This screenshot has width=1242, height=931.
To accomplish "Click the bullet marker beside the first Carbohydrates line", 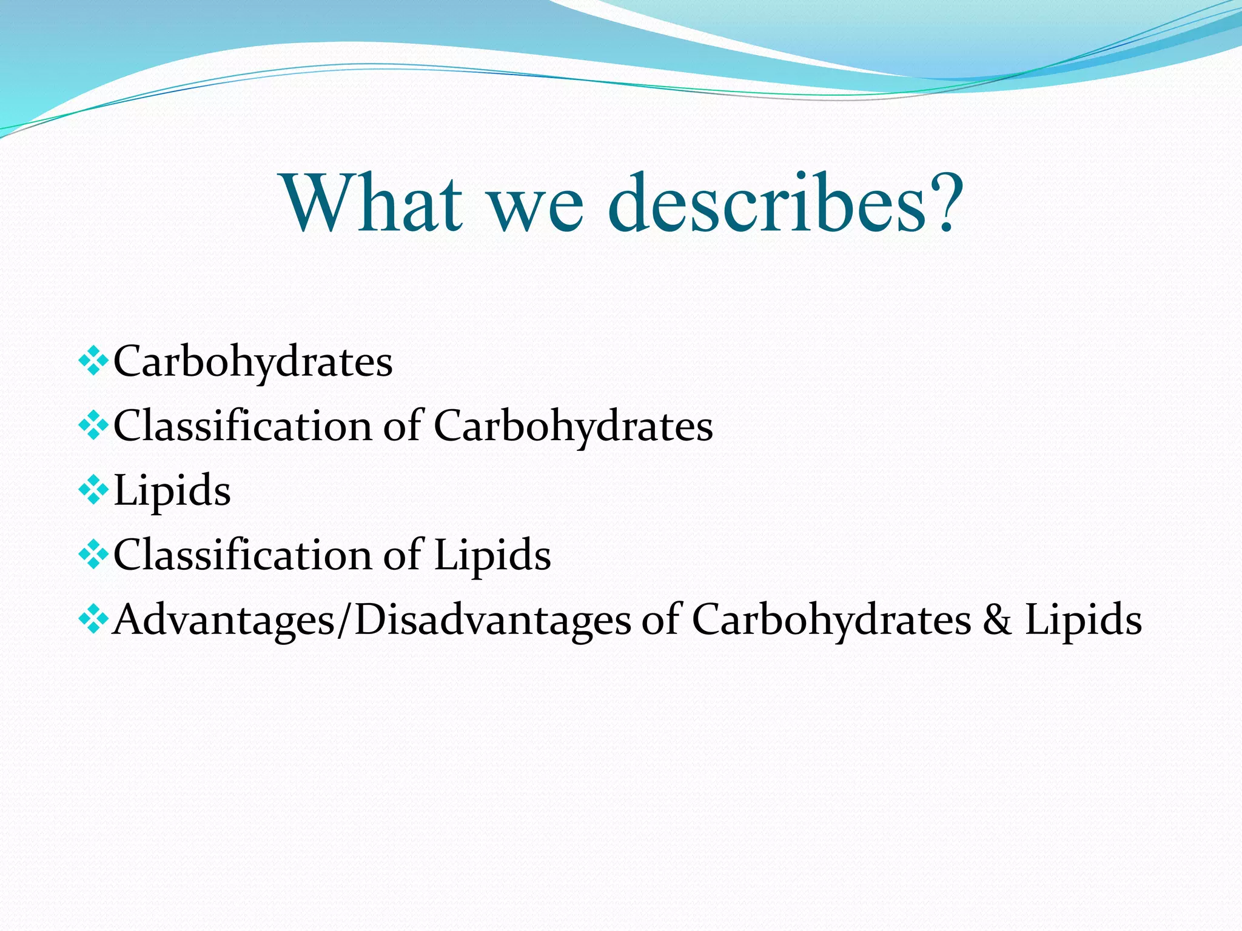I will tap(93, 362).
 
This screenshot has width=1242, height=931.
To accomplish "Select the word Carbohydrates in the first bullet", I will tap(253, 362).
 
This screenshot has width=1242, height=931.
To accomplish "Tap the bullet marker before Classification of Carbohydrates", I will tap(93, 427).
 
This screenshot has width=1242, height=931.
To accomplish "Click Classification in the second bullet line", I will tap(243, 425).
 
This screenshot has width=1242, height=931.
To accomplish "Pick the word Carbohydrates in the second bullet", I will tap(573, 427).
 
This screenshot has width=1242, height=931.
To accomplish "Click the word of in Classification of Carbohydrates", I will tap(402, 425).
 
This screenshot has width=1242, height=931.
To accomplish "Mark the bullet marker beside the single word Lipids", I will tap(93, 492).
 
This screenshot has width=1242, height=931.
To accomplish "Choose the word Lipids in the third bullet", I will tap(172, 492).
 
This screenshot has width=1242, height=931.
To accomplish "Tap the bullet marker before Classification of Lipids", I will tap(93, 556).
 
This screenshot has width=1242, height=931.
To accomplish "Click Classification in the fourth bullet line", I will tap(243, 555).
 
